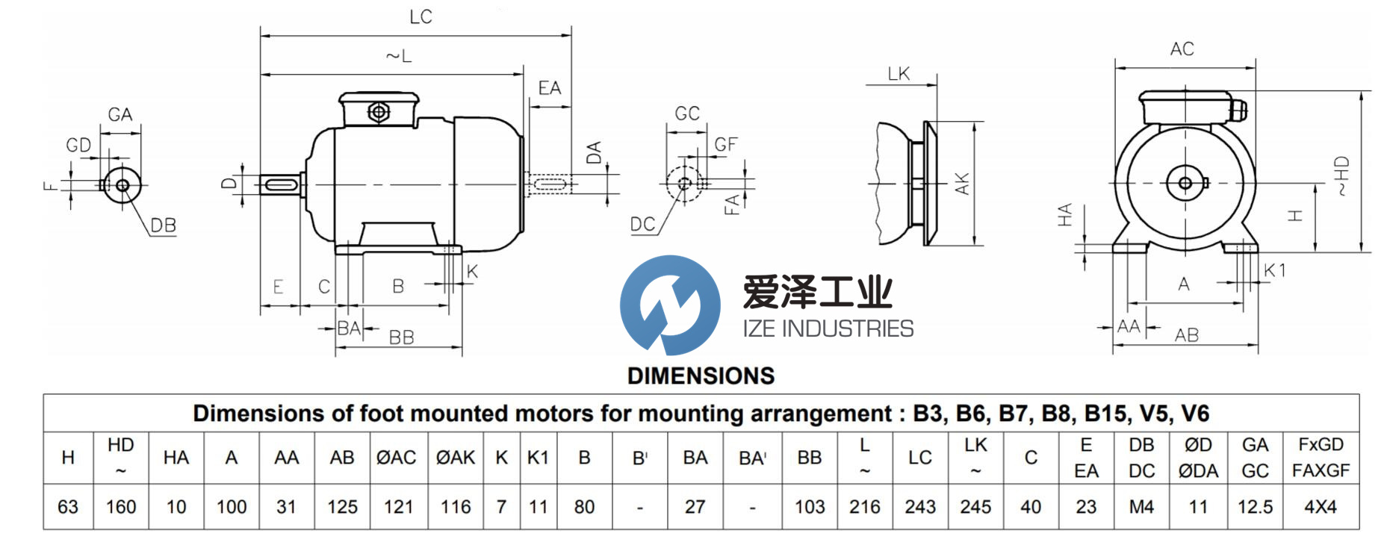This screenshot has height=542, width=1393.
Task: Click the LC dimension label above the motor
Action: (x=421, y=17)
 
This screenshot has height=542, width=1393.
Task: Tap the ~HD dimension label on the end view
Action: (x=1341, y=175)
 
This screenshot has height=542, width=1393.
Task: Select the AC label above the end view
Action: (x=1182, y=49)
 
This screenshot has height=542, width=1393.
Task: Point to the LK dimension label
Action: (x=899, y=74)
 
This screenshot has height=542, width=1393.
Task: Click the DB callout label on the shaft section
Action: (x=163, y=225)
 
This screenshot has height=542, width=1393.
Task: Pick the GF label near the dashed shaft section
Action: (x=725, y=144)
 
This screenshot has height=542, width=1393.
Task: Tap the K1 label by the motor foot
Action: (x=1275, y=270)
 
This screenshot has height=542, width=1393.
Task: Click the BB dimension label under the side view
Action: (x=401, y=337)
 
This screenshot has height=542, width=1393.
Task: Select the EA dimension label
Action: (x=549, y=88)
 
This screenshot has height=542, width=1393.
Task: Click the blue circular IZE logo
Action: (x=670, y=305)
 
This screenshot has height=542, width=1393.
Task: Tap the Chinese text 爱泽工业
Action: (x=817, y=292)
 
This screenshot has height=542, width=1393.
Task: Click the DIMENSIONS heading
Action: (x=701, y=376)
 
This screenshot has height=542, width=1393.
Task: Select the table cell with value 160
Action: (x=121, y=507)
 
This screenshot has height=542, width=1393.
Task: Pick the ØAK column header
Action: (x=455, y=458)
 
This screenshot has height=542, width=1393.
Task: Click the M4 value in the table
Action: (x=1141, y=507)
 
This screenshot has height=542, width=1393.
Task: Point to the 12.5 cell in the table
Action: (x=1255, y=507)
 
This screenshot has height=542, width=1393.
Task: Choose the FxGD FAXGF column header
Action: (x=1321, y=458)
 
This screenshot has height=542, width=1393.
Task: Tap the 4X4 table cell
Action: (x=1321, y=507)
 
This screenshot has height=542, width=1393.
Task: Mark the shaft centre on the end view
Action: (x=1185, y=183)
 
